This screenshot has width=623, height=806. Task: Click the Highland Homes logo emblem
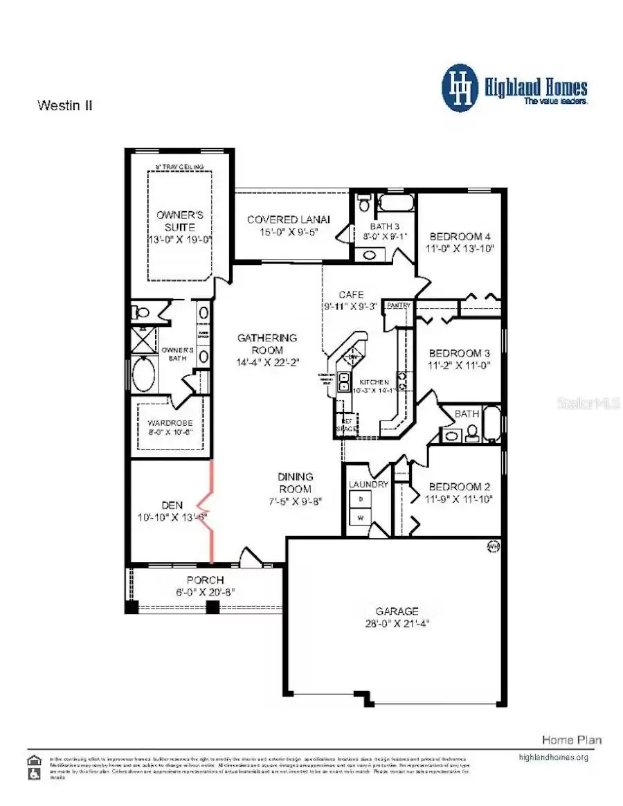tap(460, 87)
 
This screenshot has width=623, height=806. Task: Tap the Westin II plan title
tap(64, 106)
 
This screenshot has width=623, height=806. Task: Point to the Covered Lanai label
tap(289, 220)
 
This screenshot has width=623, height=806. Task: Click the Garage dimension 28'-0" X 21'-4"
tap(397, 623)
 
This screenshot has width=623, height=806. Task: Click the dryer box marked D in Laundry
tap(360, 499)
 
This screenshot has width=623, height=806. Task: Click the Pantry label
tap(399, 305)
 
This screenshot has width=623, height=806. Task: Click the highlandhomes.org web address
tap(553, 757)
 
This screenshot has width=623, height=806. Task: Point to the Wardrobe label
tap(165, 422)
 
